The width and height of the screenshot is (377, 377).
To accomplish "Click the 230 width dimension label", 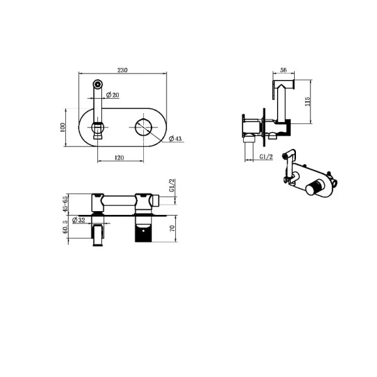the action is coord(123,70).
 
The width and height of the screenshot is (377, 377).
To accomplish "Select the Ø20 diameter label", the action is coord(112,95).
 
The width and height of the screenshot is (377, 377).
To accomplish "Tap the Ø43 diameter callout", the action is coord(175,139).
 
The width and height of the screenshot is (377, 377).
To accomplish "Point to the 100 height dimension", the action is coord(62,128).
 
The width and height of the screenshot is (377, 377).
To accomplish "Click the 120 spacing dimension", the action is coord(119,158).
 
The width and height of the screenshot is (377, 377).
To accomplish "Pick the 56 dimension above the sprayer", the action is coord(283,70).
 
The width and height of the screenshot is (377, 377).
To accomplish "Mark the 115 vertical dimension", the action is coord(307,101).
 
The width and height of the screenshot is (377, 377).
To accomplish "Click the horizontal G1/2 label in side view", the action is coord(266,156).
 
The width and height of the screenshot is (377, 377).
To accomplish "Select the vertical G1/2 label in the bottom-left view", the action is coord(172,185).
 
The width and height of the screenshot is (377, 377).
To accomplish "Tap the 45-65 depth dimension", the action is coord(65,204).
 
